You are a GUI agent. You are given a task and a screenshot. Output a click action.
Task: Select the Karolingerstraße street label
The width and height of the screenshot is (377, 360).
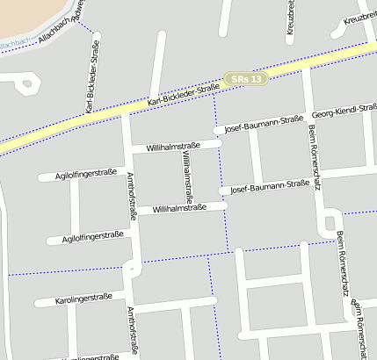tap(83, 299)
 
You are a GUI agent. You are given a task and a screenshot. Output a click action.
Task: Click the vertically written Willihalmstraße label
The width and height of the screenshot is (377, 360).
tap(187, 176)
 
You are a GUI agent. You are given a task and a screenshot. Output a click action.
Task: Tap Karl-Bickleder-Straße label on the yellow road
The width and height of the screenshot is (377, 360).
tap(184, 96)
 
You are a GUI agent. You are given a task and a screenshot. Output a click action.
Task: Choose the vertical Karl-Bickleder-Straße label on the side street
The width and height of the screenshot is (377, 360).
tap(91, 84)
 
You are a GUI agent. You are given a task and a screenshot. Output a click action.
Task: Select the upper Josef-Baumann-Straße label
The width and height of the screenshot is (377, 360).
tap(264, 124)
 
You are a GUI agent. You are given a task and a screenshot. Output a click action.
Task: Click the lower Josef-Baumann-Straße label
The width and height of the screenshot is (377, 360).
tap(269, 186)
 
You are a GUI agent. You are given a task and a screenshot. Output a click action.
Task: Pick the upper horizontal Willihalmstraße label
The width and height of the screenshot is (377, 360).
tap(173, 145)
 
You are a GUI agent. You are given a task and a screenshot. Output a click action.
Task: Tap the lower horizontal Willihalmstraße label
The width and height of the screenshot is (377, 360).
tap(178, 208)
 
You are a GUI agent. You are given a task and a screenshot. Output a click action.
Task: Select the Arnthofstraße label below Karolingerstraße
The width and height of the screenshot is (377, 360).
tap(132, 331)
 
